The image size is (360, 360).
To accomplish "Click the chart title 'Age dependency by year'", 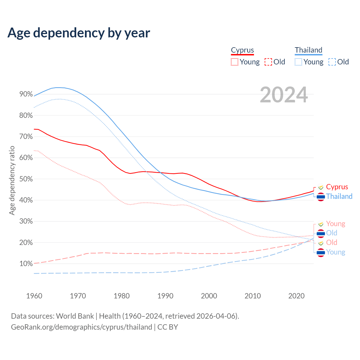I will [79, 33].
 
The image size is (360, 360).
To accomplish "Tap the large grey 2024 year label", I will [284, 95].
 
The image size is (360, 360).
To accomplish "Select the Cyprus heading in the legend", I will [242, 50].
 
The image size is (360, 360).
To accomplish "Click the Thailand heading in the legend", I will [309, 50].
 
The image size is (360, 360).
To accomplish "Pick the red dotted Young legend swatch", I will [234, 62].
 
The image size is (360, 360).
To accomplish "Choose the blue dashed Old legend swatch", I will [332, 62].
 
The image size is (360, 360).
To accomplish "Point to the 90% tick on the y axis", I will [26, 94].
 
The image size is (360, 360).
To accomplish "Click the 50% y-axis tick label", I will [26, 179].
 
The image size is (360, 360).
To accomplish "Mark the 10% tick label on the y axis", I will [26, 264].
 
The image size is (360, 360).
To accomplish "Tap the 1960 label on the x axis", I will [34, 296].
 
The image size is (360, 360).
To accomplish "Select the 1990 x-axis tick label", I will [165, 296].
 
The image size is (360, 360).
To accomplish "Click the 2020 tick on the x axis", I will [296, 296].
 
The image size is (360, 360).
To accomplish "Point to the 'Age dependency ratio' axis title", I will [12, 180].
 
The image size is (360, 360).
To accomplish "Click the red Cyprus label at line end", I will [337, 187].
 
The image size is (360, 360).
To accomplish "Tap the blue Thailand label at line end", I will [339, 196].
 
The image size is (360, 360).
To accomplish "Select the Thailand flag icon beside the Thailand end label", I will [321, 197].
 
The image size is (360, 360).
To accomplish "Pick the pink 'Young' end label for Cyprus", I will [336, 224].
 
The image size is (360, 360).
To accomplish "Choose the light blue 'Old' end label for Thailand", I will [332, 233].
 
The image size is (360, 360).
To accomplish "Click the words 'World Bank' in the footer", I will [75, 316].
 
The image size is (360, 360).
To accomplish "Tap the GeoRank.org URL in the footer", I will [82, 327].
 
